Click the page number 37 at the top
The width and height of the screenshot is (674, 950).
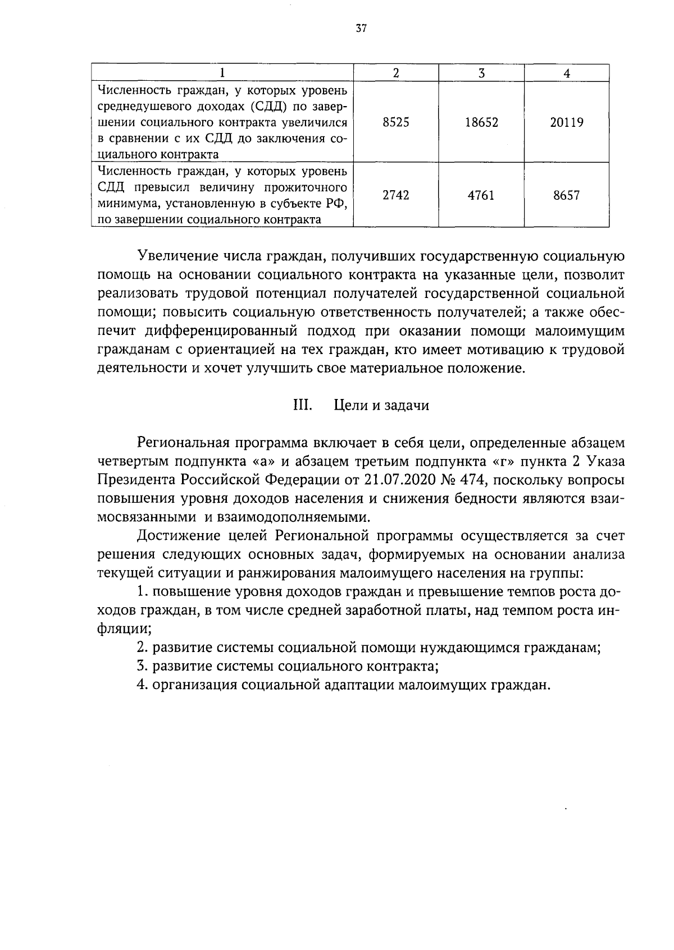click(x=361, y=29)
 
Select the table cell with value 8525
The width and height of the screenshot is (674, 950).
click(x=395, y=122)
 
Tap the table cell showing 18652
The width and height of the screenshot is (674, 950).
click(x=481, y=122)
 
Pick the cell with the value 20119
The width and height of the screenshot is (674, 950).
click(x=566, y=122)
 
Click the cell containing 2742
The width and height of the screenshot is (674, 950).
click(x=395, y=195)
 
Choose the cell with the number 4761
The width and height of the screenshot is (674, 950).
click(x=481, y=195)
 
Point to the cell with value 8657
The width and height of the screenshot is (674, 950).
click(x=566, y=195)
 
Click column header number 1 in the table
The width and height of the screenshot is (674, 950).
click(x=222, y=73)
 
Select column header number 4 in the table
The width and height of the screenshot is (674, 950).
click(x=566, y=73)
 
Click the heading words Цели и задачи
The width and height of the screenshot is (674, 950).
click(x=381, y=405)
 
